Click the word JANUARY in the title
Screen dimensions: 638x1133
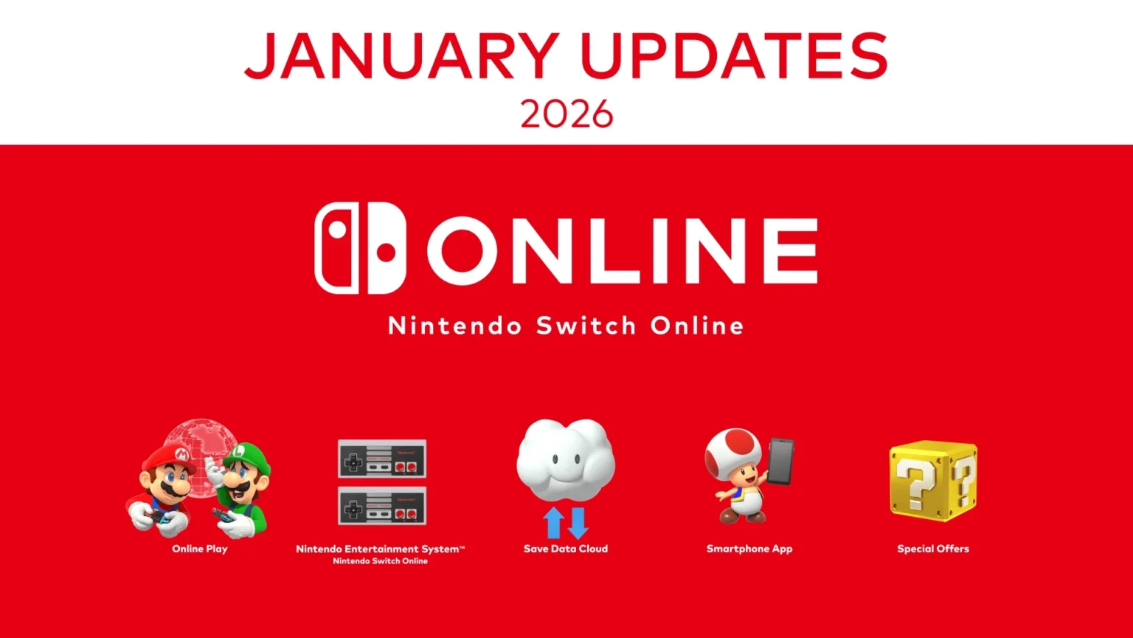[x=401, y=56]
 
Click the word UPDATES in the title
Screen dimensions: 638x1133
[x=734, y=56]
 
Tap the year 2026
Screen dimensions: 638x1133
[x=566, y=114]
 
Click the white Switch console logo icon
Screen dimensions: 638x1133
[x=360, y=248]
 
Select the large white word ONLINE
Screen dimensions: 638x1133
[x=622, y=250]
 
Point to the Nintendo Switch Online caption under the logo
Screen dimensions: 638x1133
[x=566, y=326]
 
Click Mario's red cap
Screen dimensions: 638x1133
[x=170, y=453]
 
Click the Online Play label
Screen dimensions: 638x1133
[x=200, y=549]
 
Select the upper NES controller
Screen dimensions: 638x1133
[x=381, y=459]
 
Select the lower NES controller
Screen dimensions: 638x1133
[x=381, y=506]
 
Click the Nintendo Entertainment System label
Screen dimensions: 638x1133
[x=380, y=549]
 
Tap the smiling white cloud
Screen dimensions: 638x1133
[x=566, y=460]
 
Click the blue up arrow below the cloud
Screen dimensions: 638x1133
[x=553, y=522]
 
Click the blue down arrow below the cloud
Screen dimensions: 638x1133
[x=578, y=522]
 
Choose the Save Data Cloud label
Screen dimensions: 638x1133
[x=566, y=549]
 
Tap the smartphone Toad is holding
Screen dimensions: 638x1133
[x=780, y=461]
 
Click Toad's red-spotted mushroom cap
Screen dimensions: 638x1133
[x=733, y=450]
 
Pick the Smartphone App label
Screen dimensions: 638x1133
[x=749, y=549]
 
